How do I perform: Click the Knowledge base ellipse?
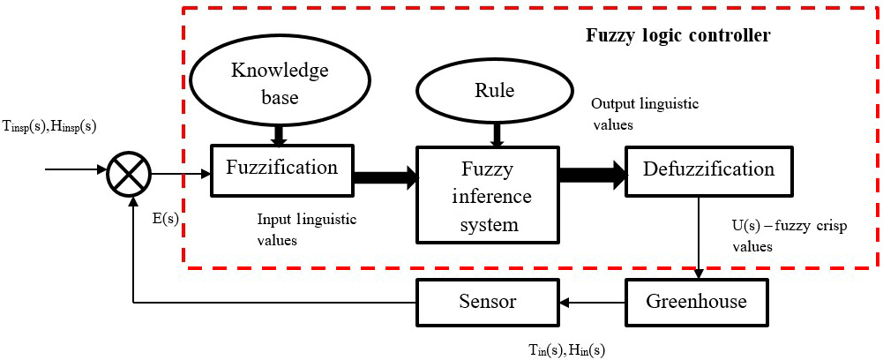[x=280, y=83]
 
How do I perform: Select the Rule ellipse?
[x=499, y=91]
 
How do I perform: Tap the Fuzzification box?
[x=281, y=168]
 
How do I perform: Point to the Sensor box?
[x=487, y=302]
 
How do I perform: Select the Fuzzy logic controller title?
[x=678, y=36]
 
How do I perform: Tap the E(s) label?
[x=164, y=218]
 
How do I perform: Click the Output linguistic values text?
[x=644, y=114]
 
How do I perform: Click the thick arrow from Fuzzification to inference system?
[x=385, y=177]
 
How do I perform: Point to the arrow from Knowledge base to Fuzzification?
[x=280, y=135]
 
